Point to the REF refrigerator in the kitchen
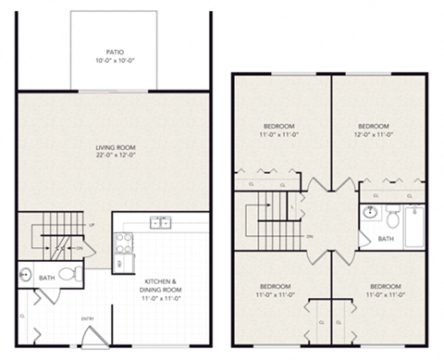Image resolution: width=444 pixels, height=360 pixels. (x=120, y=264)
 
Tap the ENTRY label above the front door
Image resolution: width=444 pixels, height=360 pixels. (x=88, y=320)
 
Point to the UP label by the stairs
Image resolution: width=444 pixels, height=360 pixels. (x=90, y=225)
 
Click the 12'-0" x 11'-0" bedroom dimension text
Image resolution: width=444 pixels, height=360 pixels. (x=373, y=135)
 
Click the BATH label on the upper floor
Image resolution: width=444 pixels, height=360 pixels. (x=386, y=238)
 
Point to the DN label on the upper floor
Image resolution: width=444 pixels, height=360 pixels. (x=308, y=237)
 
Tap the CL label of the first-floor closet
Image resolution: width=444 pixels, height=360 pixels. (x=21, y=316)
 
